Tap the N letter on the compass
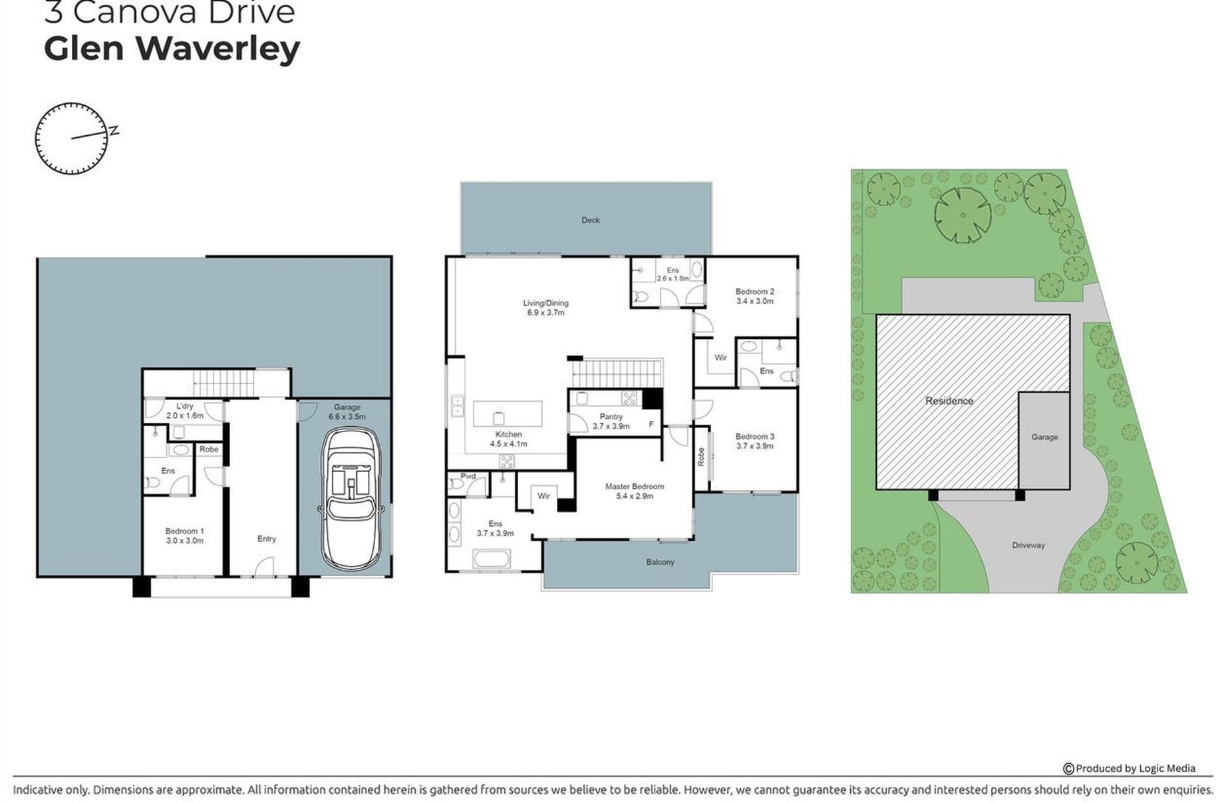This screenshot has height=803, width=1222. click(x=114, y=131)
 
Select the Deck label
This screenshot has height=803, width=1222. click(x=590, y=220)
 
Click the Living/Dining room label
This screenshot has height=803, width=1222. click(x=545, y=303)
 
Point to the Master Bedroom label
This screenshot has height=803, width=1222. click(x=634, y=487)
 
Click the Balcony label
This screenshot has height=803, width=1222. click(x=660, y=562)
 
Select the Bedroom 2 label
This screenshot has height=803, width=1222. click(x=754, y=292)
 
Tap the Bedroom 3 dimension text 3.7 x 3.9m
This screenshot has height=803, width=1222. click(x=754, y=446)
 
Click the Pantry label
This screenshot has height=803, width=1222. click(x=611, y=417)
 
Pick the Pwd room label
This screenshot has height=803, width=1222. click(x=468, y=476)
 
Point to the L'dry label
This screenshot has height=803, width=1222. click(x=184, y=406)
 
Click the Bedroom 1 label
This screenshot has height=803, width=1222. click(x=184, y=531)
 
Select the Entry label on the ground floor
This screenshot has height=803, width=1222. click(x=266, y=539)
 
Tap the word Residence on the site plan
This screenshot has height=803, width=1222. click(x=949, y=401)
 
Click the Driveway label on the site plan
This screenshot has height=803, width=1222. click(x=1028, y=545)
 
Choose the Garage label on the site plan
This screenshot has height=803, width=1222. click(x=1044, y=437)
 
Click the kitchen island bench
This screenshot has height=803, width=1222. click(x=507, y=414)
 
